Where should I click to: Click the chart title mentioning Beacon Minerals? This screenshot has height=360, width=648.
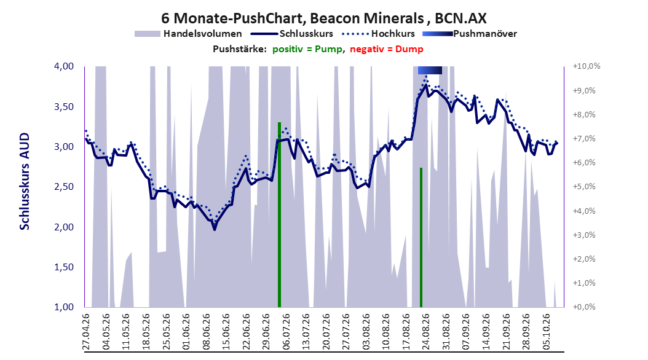[323, 18]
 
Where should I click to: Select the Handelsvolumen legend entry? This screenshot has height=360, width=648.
[188, 34]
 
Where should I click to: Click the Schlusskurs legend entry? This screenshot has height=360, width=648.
[292, 34]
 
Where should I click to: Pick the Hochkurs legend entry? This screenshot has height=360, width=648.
[379, 34]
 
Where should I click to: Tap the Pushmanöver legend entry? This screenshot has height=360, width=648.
[470, 34]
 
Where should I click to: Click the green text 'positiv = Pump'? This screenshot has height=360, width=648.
[307, 49]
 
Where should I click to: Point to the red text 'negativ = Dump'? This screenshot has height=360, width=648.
[387, 49]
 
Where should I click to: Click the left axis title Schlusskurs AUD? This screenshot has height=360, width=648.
[25, 181]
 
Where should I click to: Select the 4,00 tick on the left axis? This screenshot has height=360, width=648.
[64, 66]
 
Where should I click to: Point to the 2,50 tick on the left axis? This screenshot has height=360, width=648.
[64, 187]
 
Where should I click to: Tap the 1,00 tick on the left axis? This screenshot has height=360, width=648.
[64, 307]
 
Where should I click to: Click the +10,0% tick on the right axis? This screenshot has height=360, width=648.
[587, 66]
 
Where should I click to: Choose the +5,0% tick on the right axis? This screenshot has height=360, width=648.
[584, 187]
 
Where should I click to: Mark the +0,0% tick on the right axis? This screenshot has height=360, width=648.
[584, 307]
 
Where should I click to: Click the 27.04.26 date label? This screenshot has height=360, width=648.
[86, 332]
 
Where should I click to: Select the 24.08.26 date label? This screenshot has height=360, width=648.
[426, 332]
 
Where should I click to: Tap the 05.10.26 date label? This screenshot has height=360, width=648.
[546, 332]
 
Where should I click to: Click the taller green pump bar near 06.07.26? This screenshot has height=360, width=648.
[279, 214]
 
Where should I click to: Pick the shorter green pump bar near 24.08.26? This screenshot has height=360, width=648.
[421, 237]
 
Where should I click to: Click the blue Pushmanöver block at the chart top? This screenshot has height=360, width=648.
[430, 70]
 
